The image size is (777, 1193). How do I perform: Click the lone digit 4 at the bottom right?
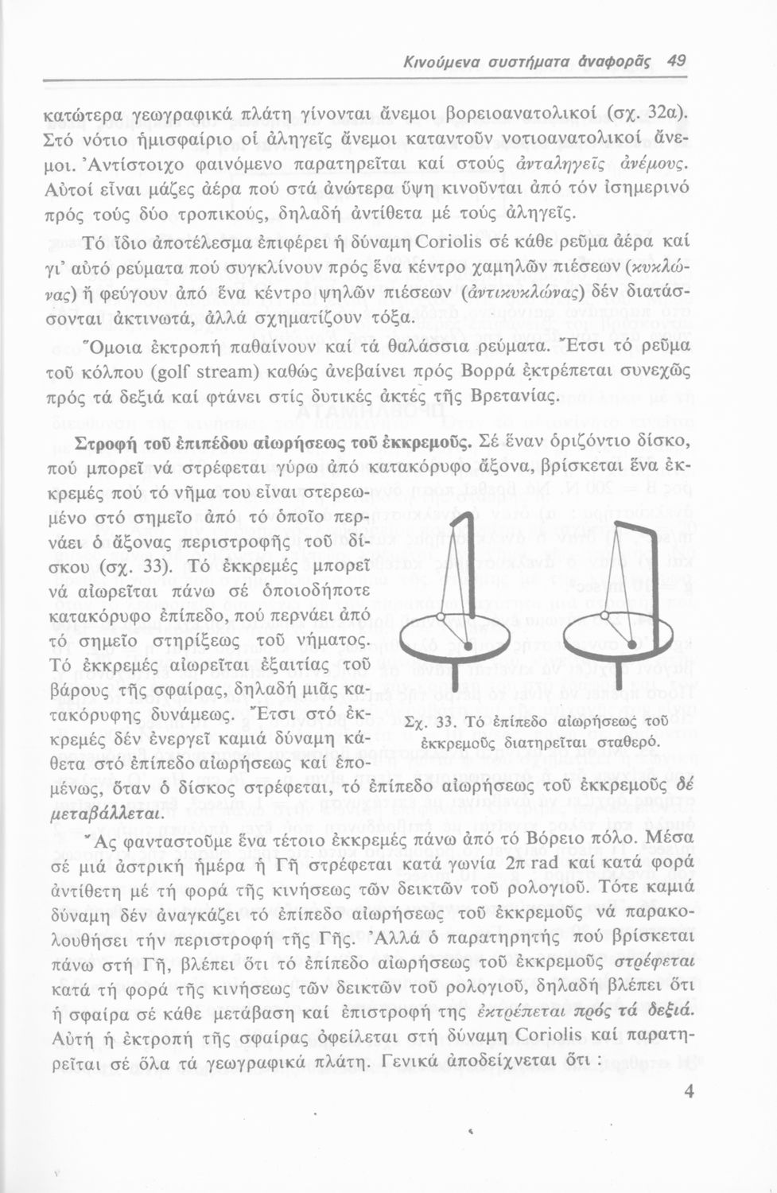[689, 1091]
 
